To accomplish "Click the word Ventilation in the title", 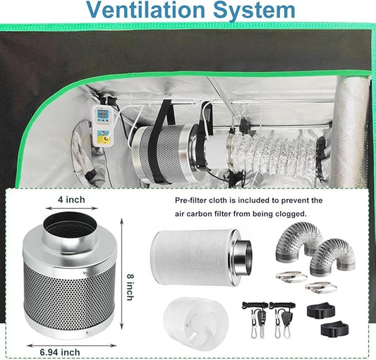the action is [x=146, y=10].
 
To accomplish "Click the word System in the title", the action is [x=254, y=10].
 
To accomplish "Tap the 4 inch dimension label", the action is [x=71, y=200].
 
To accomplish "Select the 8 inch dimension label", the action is [x=130, y=287].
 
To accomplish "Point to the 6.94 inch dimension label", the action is [x=60, y=352].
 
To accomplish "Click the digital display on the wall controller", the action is [x=103, y=114].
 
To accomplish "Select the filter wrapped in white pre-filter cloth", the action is [x=201, y=258].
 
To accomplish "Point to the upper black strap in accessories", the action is [x=320, y=311].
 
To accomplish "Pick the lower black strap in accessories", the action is [x=334, y=329].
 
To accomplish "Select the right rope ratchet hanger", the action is [x=283, y=319].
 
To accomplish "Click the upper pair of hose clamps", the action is [x=291, y=277].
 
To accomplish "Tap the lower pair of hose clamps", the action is [x=321, y=287].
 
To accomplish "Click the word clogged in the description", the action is [x=291, y=214].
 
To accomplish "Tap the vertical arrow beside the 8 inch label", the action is [x=122, y=273].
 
